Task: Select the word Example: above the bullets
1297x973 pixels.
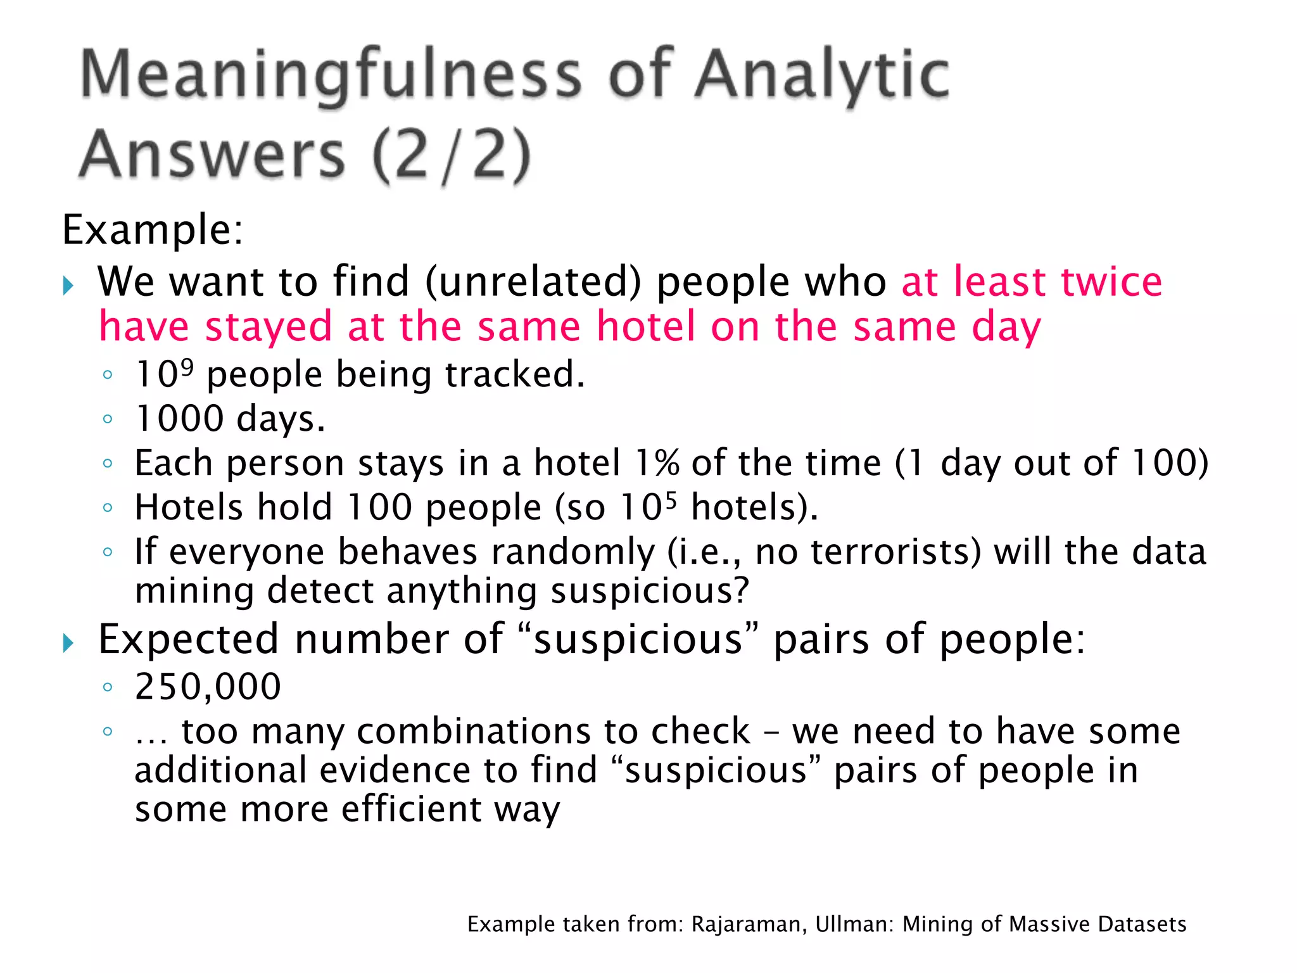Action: [x=153, y=229]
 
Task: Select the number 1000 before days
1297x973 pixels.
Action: [x=180, y=419]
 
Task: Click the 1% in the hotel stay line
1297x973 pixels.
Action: [x=657, y=463]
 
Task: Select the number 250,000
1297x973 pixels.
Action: [x=208, y=686]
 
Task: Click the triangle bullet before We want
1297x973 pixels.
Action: [x=68, y=286]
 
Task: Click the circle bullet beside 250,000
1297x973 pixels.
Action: [x=108, y=687]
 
